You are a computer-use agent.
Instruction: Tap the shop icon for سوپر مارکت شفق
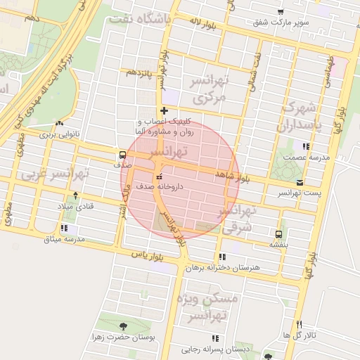point(281,12)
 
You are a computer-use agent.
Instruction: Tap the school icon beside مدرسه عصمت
point(305,146)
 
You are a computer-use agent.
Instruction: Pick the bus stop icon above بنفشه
point(279,233)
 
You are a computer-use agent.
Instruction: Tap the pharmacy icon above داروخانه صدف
point(157,176)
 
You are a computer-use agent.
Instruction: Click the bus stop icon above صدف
point(122,155)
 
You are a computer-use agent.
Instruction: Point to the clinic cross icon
point(164,110)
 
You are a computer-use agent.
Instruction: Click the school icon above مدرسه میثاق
point(65,228)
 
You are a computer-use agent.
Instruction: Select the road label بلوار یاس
point(152,256)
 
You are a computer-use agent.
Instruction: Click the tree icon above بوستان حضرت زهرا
point(124,326)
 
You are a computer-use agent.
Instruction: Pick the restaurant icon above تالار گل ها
point(300,324)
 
